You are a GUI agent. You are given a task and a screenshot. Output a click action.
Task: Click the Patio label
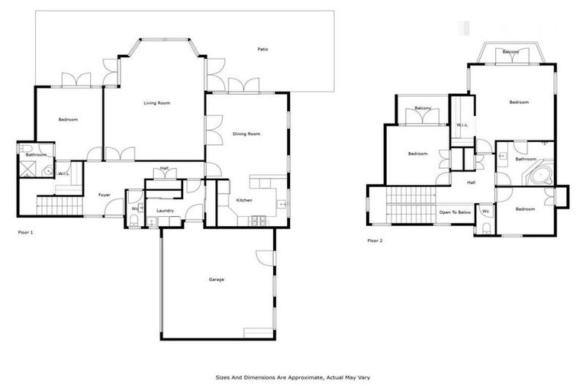(262, 50)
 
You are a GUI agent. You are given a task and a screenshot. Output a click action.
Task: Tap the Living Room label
(157, 102)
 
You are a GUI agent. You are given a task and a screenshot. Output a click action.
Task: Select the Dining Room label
(246, 134)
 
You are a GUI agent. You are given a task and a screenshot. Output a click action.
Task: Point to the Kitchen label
(244, 201)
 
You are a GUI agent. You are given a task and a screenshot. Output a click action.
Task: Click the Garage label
(217, 280)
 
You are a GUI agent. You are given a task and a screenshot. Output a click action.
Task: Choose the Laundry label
(165, 211)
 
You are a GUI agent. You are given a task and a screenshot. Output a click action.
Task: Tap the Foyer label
(105, 195)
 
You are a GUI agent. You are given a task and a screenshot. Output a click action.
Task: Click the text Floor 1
(25, 231)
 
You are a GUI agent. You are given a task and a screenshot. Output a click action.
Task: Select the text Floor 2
(375, 241)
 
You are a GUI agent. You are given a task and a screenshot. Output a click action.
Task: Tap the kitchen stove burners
(259, 221)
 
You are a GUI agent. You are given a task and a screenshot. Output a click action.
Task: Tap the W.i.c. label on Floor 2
(462, 124)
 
